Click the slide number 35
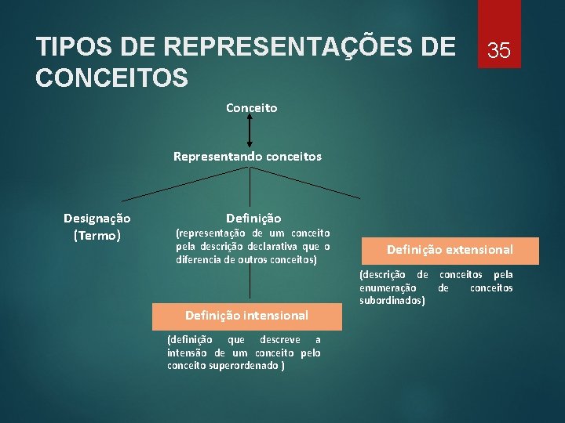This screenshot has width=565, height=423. click(x=499, y=51)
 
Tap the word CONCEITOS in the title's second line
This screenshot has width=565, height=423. click(x=112, y=78)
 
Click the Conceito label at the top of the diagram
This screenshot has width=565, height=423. click(x=251, y=108)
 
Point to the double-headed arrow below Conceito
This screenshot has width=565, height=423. click(x=249, y=131)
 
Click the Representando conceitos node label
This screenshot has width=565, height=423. click(x=247, y=156)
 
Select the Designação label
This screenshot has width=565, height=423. click(x=97, y=218)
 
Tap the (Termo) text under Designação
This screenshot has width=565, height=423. click(x=97, y=235)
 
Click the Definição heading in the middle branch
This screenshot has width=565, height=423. click(x=253, y=218)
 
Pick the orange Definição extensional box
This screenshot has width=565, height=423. click(x=450, y=250)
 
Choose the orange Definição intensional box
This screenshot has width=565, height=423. click(x=246, y=315)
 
